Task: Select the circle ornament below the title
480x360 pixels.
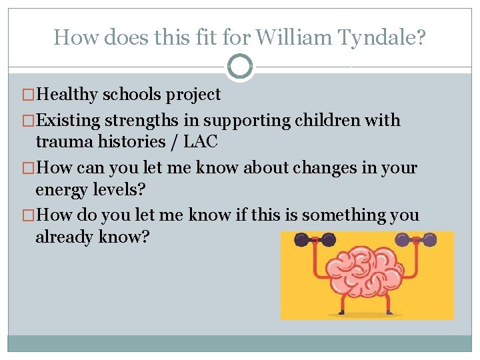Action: (240, 67)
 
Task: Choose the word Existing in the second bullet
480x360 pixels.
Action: (68, 121)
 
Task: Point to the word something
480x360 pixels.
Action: (340, 215)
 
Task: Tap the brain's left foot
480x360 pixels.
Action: (335, 313)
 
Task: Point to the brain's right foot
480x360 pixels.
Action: (398, 313)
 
